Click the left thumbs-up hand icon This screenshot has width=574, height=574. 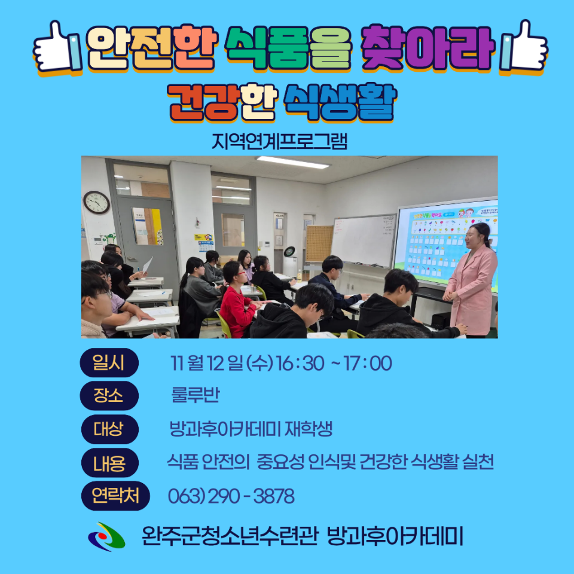tap(58, 46)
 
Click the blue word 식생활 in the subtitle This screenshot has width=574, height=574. tap(340, 102)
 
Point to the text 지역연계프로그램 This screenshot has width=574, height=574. tap(279, 142)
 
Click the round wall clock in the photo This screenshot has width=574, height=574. tap(96, 202)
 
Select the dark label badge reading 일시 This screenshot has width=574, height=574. tap(109, 362)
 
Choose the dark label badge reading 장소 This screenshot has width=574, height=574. tap(109, 395)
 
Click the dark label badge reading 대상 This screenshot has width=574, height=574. tap(109, 429)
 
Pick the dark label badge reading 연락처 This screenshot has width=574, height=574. tap(115, 496)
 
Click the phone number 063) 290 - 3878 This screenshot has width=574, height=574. tap(231, 496)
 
